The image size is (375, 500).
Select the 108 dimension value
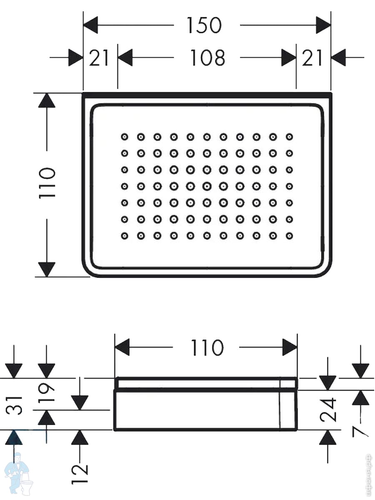pos(207,58)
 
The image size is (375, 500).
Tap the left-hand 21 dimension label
pos(99,58)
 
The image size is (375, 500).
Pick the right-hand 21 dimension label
pos(312,58)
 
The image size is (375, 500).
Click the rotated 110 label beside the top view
pos(47,183)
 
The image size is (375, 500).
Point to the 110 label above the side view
pos(207,347)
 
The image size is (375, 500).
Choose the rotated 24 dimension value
pos(328,410)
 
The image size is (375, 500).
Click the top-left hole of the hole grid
pos(125,137)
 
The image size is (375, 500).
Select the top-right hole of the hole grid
pos(289,137)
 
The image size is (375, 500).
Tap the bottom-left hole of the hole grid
pos(125,236)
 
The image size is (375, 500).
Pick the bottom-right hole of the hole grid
pos(289,236)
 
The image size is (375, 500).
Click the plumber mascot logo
pos(19,475)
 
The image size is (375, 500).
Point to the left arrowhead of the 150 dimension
pos(90,25)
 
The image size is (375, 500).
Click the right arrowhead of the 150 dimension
pos(323,25)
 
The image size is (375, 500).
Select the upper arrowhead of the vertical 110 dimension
pos(47,100)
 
